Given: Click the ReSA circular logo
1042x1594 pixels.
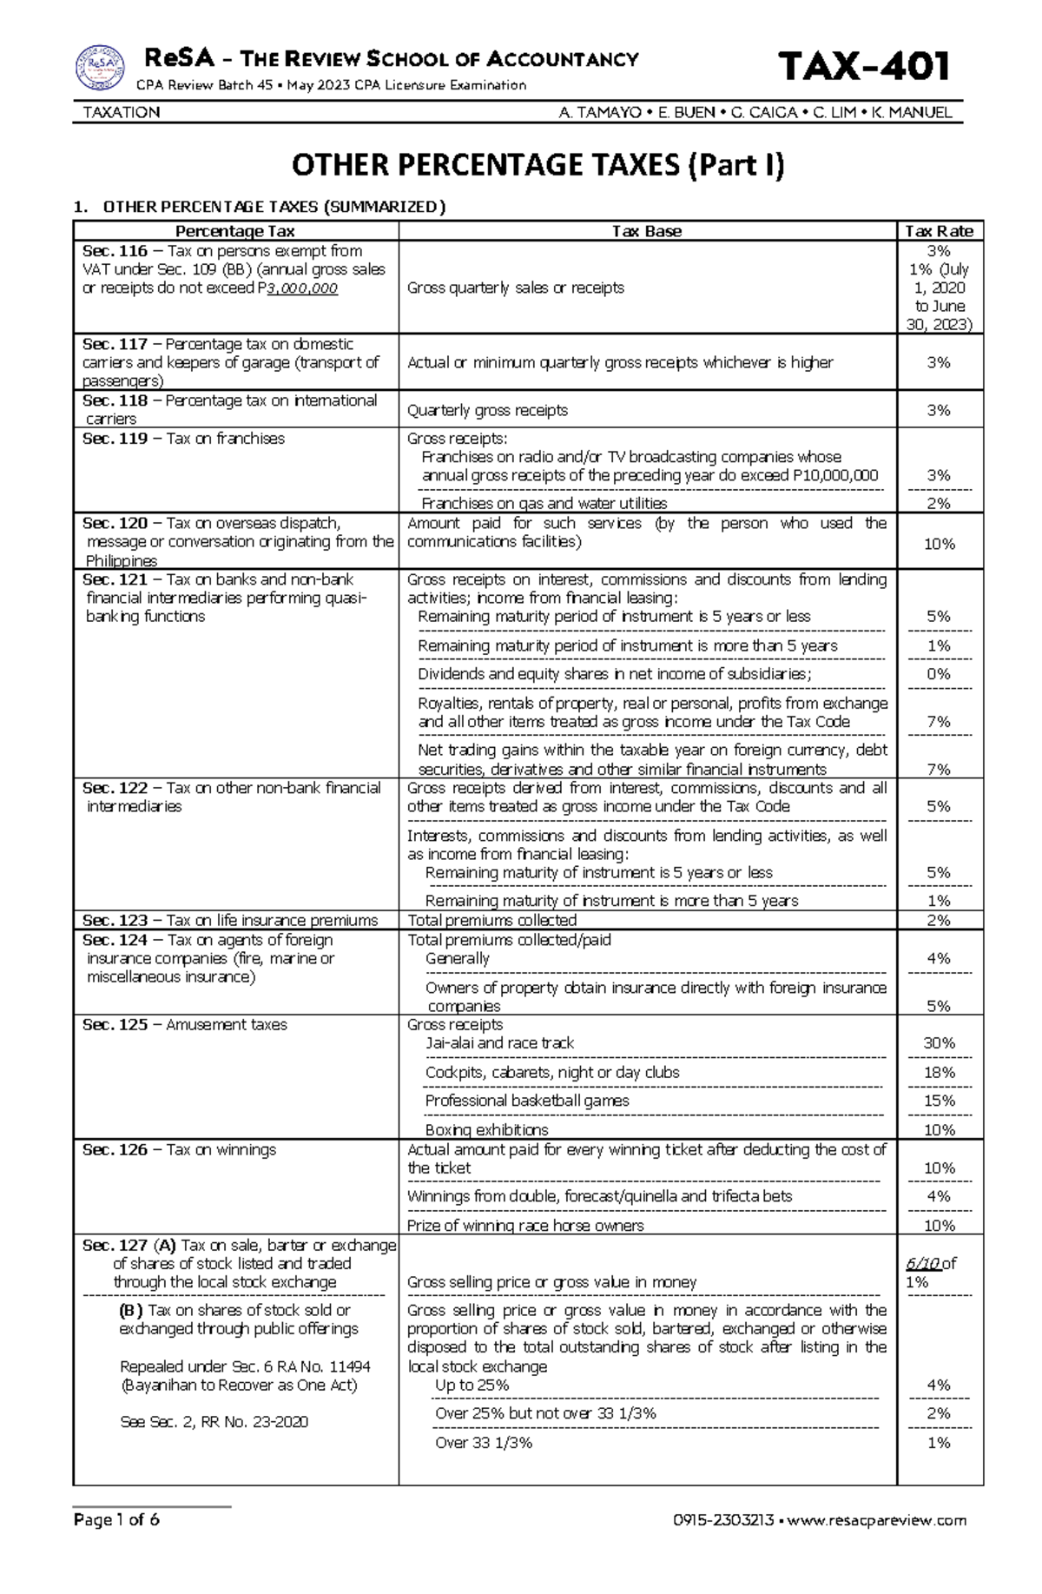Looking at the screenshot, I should click(x=99, y=67).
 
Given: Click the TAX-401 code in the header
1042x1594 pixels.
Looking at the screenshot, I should click(x=863, y=66).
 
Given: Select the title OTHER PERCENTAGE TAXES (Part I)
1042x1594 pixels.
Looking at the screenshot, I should click(x=537, y=165).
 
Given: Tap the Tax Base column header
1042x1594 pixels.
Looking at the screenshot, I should click(x=646, y=231).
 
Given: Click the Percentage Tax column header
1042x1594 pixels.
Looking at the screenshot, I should click(x=234, y=231).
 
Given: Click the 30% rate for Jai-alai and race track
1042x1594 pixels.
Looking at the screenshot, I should click(x=939, y=1042).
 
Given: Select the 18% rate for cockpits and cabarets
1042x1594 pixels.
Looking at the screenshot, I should click(x=939, y=1072).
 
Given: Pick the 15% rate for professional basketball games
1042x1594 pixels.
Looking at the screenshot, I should click(x=939, y=1101).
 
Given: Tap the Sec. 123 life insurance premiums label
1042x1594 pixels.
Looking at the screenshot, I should click(x=230, y=920).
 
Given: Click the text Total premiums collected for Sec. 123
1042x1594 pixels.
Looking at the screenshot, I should click(x=491, y=920).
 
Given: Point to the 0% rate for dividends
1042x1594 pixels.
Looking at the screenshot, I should click(x=939, y=673).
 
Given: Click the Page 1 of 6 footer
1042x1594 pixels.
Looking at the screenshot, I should click(x=116, y=1519).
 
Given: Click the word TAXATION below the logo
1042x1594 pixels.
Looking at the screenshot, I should click(x=121, y=112).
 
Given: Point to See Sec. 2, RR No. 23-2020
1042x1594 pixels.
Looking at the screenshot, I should click(x=214, y=1422).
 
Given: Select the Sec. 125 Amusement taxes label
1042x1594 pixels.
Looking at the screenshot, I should click(x=184, y=1025).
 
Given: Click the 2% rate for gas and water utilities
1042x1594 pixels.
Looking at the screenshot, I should click(x=939, y=503).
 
